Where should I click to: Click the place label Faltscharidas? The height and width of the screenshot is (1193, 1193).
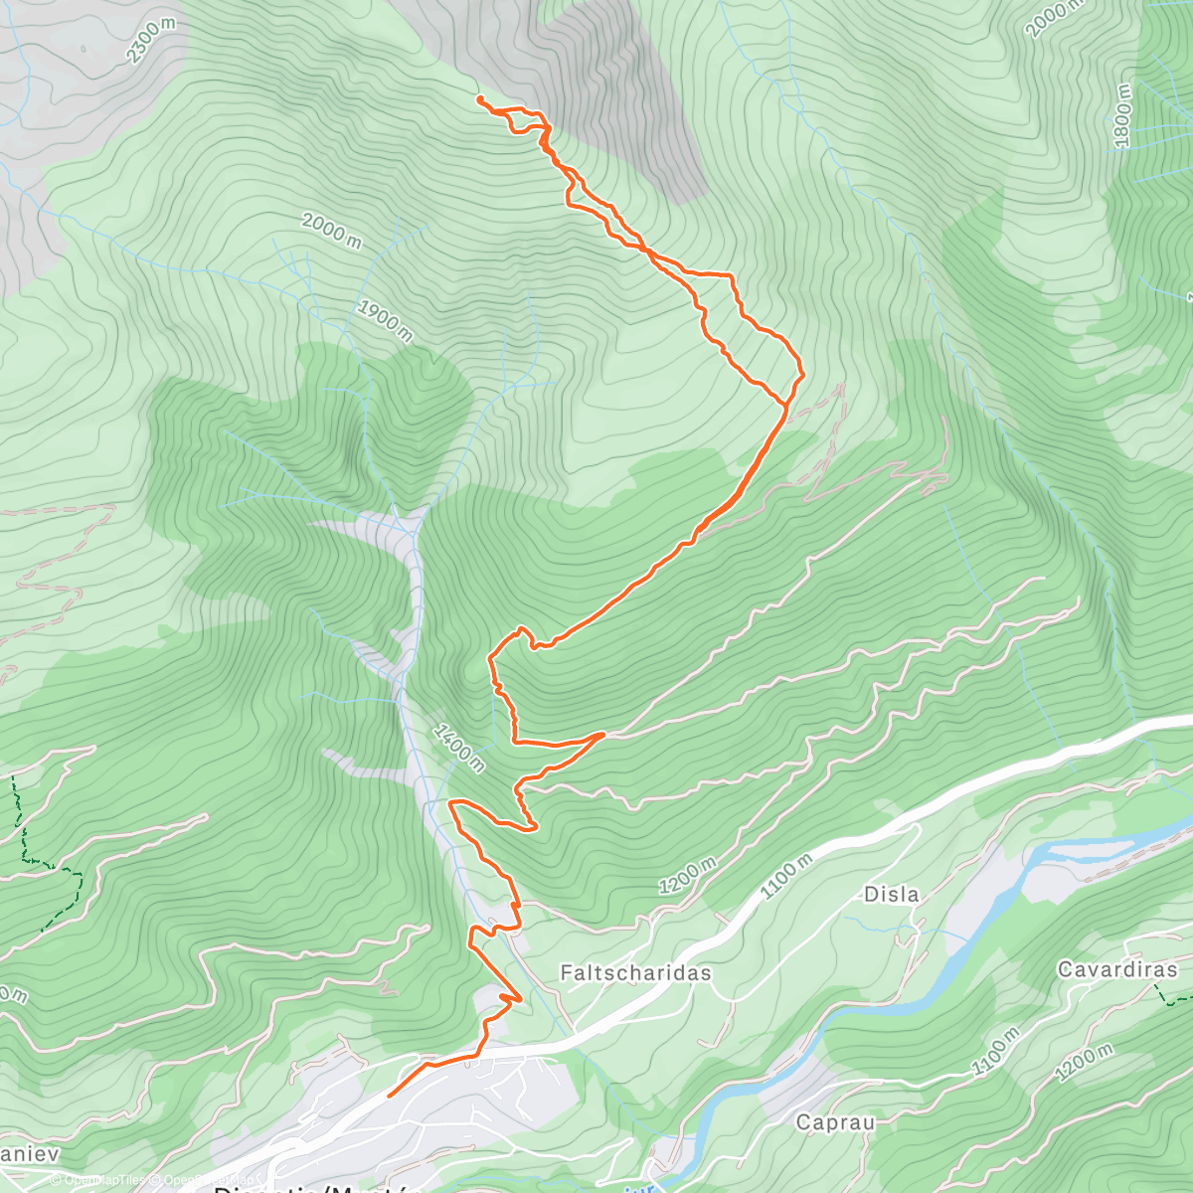[x=635, y=972]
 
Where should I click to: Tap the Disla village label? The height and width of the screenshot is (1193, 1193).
[x=891, y=894]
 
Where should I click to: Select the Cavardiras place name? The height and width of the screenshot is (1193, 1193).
[x=1116, y=969]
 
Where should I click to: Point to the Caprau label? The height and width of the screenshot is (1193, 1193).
[x=835, y=1122]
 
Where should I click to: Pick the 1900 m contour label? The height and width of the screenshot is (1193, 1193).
[x=384, y=320]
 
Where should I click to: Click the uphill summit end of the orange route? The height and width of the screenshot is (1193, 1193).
[x=479, y=98]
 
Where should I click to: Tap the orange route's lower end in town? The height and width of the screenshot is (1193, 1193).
[x=389, y=1096]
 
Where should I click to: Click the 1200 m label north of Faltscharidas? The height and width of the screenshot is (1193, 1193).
[x=687, y=876]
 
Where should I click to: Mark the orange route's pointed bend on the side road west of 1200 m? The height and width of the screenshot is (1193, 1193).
[x=603, y=734]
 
